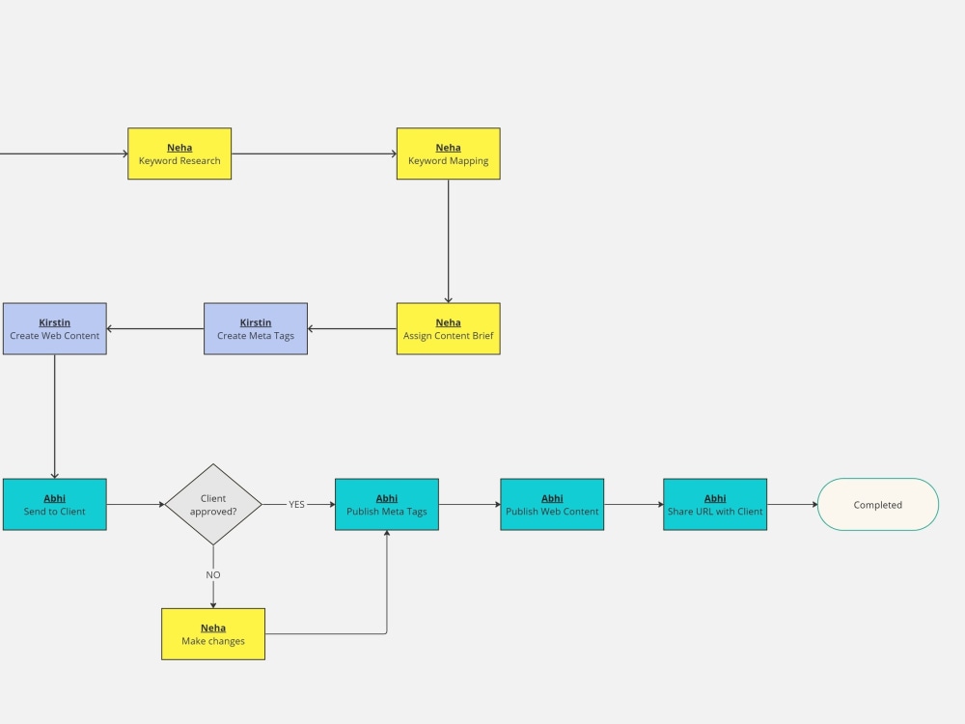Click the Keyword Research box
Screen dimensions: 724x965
click(x=179, y=153)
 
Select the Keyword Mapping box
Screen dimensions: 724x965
click(x=448, y=153)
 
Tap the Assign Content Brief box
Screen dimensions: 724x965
click(x=448, y=328)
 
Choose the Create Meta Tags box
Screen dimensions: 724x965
click(x=256, y=328)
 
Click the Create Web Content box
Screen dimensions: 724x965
click(x=54, y=328)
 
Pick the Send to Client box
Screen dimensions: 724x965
click(x=54, y=504)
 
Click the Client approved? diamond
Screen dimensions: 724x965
click(x=213, y=504)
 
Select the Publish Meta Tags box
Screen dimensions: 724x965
click(x=387, y=504)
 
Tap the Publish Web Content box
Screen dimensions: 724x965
click(x=552, y=504)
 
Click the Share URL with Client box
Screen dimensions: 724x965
click(x=715, y=504)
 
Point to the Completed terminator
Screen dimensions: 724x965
click(x=878, y=504)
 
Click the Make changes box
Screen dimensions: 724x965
click(x=213, y=634)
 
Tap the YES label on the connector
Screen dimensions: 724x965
click(x=296, y=504)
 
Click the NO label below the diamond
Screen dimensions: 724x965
click(x=213, y=574)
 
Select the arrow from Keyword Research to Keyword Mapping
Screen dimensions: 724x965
click(x=314, y=153)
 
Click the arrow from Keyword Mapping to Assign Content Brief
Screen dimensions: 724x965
click(x=448, y=241)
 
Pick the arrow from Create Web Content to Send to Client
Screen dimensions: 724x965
click(x=54, y=415)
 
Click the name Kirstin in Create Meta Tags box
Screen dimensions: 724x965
click(x=256, y=322)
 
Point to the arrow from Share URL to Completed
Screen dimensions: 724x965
click(x=792, y=504)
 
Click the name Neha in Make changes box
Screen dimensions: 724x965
click(x=213, y=627)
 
